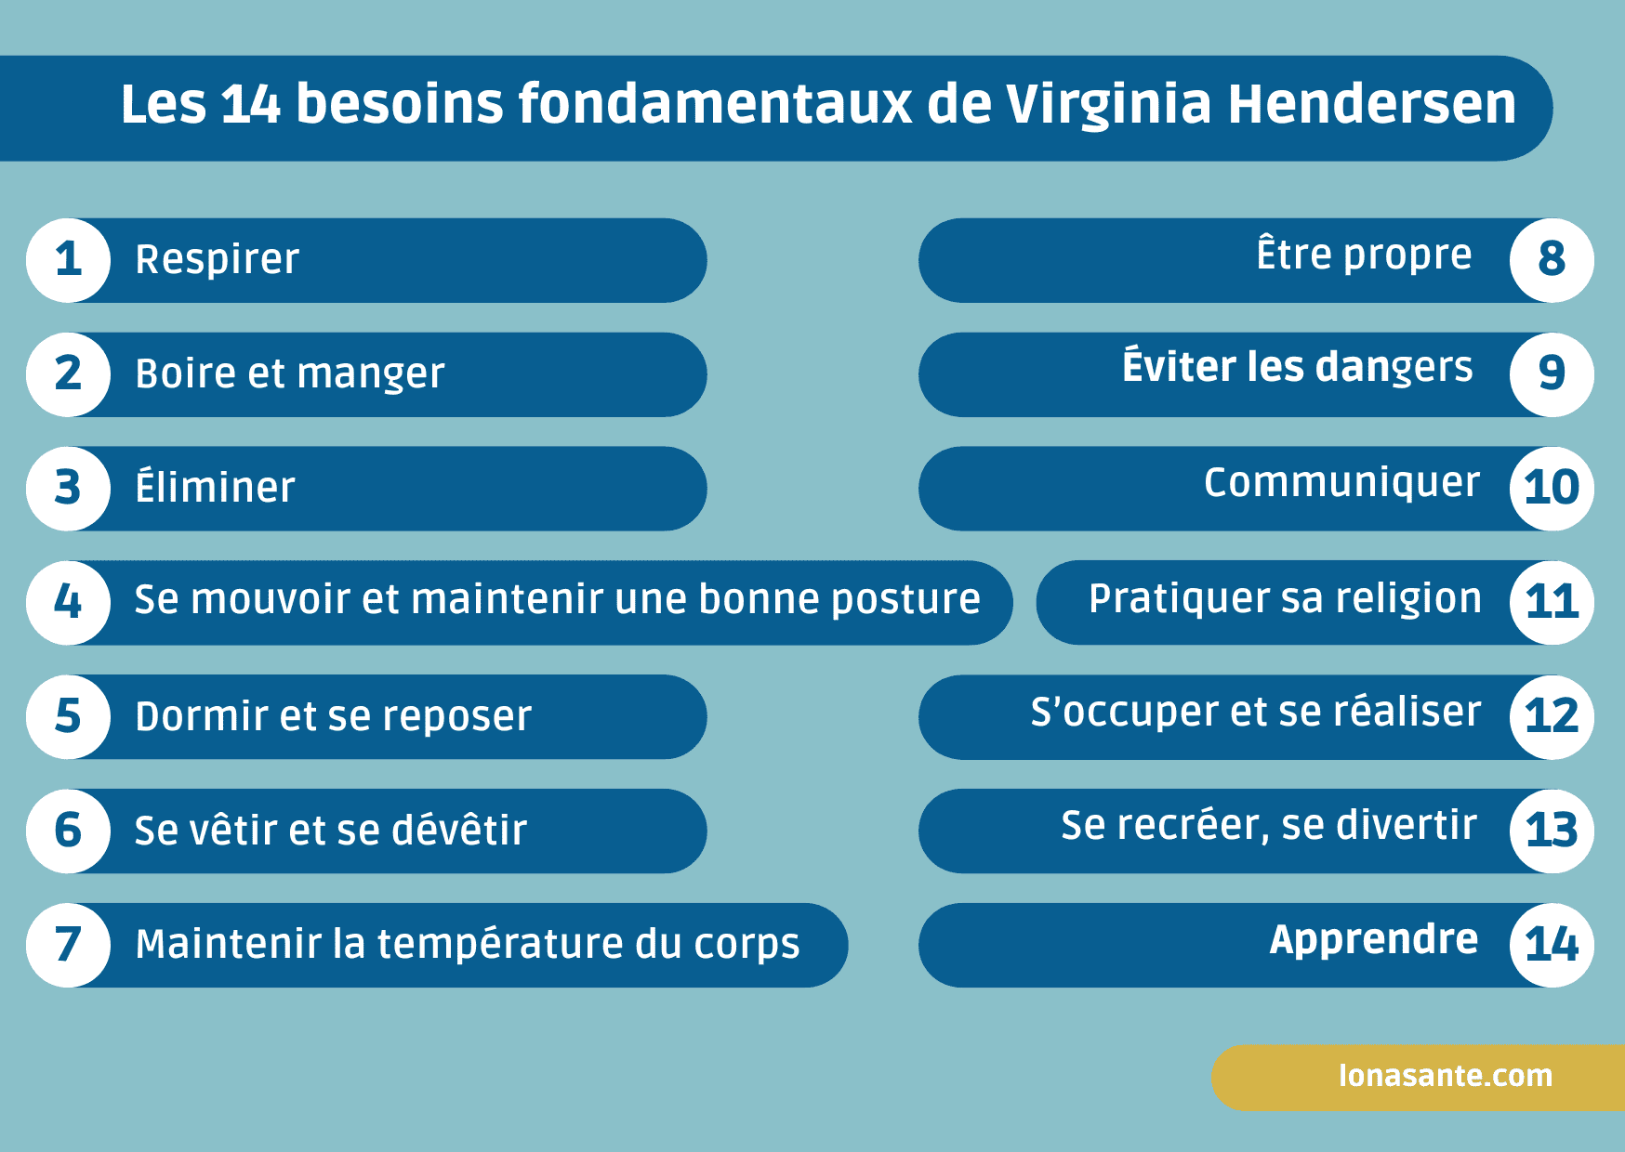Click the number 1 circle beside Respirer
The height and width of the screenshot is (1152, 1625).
click(68, 260)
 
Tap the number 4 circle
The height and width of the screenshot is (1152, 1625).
click(68, 602)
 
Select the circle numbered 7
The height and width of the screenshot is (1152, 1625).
click(68, 945)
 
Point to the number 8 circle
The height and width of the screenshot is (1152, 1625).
click(1552, 260)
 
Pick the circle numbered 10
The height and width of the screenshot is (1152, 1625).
click(1552, 488)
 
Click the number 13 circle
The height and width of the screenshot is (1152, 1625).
click(1552, 831)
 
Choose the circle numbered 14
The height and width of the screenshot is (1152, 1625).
click(1552, 945)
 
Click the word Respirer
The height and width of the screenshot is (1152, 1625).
click(218, 260)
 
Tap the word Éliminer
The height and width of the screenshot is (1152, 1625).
click(215, 487)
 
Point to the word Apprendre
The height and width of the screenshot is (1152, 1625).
click(1374, 940)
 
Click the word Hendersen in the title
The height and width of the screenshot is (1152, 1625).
click(1372, 103)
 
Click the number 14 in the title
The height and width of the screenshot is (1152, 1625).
click(251, 103)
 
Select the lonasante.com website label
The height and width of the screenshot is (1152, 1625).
click(1446, 1076)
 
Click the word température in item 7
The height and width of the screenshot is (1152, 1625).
click(501, 945)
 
